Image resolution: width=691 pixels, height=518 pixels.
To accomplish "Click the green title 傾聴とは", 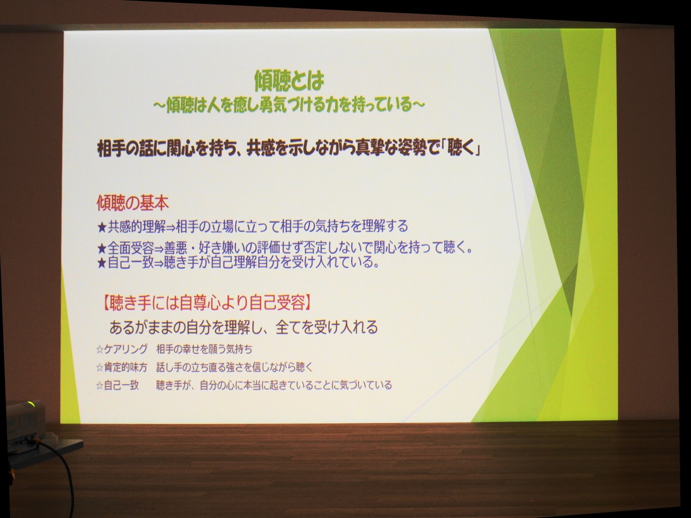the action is [x=289, y=80].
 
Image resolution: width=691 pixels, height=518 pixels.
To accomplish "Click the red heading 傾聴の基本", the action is [x=133, y=203].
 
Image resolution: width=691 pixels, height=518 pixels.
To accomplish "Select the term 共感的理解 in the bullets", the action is [x=137, y=227].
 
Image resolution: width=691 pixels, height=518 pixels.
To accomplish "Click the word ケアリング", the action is [x=126, y=349].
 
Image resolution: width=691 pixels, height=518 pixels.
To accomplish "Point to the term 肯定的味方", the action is [x=126, y=367].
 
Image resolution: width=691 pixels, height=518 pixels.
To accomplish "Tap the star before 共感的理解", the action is [x=102, y=227].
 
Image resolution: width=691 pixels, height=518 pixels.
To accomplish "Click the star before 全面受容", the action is [x=102, y=249].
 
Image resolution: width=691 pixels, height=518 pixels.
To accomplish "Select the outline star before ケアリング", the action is [x=100, y=349].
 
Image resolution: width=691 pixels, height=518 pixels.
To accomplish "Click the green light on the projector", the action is [x=31, y=403].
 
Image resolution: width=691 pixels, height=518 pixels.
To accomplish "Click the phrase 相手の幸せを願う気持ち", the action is [x=204, y=349].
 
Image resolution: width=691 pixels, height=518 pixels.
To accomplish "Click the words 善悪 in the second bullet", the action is [x=176, y=249].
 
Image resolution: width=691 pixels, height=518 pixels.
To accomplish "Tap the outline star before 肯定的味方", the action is [x=100, y=367].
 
